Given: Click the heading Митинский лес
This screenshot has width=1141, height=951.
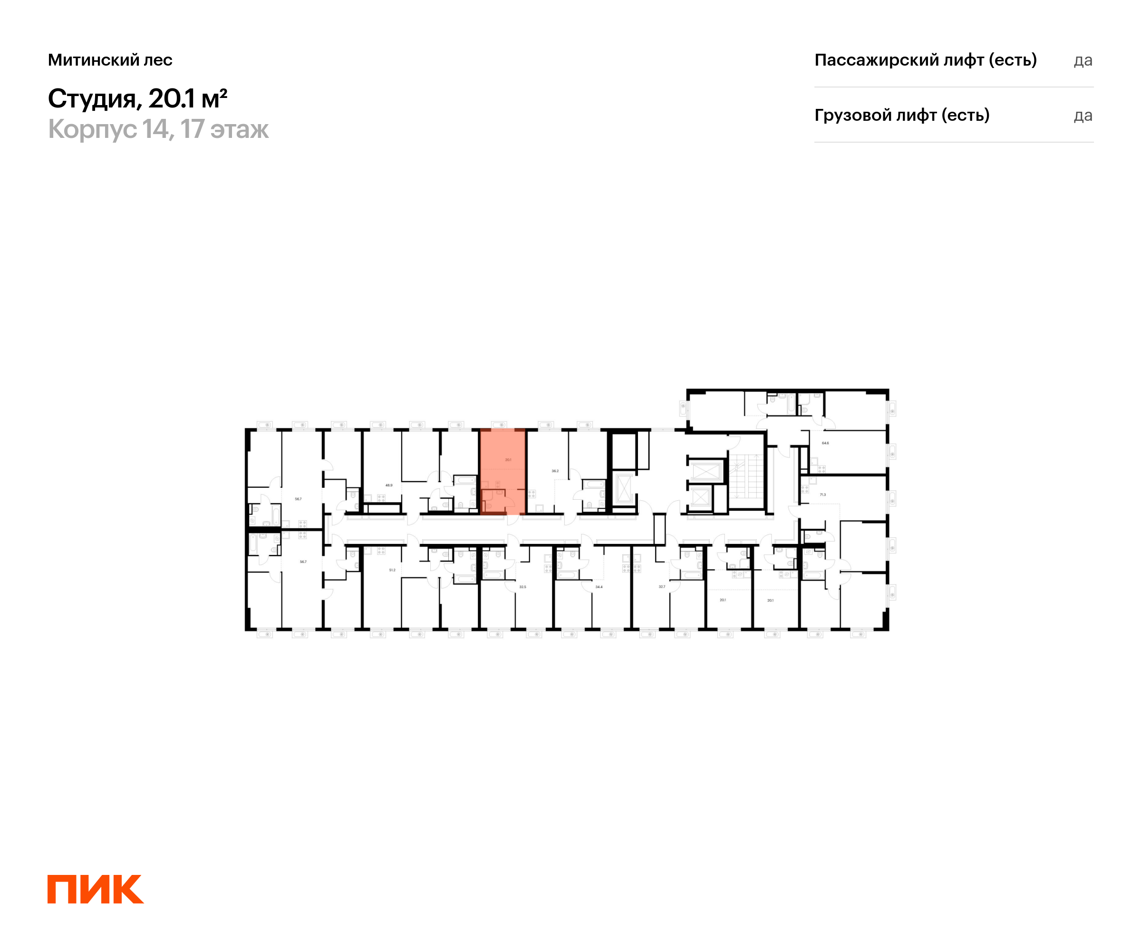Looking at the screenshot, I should click(110, 60).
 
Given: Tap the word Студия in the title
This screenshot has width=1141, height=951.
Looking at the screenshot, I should click(91, 98).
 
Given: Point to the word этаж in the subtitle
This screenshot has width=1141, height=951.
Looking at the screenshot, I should click(239, 129).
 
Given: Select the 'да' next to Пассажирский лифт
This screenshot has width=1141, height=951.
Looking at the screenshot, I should click(1083, 60).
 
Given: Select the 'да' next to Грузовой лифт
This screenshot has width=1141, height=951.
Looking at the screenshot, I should click(1083, 116).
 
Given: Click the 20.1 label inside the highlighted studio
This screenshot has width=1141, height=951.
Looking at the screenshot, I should click(508, 460).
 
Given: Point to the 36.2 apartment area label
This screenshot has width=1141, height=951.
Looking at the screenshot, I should click(555, 471).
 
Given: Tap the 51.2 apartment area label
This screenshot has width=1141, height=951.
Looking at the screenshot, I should click(392, 570).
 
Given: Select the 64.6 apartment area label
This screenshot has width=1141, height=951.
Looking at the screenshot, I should click(825, 443).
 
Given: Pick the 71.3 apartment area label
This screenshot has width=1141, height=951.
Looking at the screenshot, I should click(822, 495).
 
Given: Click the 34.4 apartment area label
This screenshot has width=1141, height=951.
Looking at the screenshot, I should click(599, 587).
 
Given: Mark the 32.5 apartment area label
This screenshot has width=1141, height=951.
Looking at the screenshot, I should click(522, 587).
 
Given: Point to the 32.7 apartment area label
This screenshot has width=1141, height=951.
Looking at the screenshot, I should click(662, 586).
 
